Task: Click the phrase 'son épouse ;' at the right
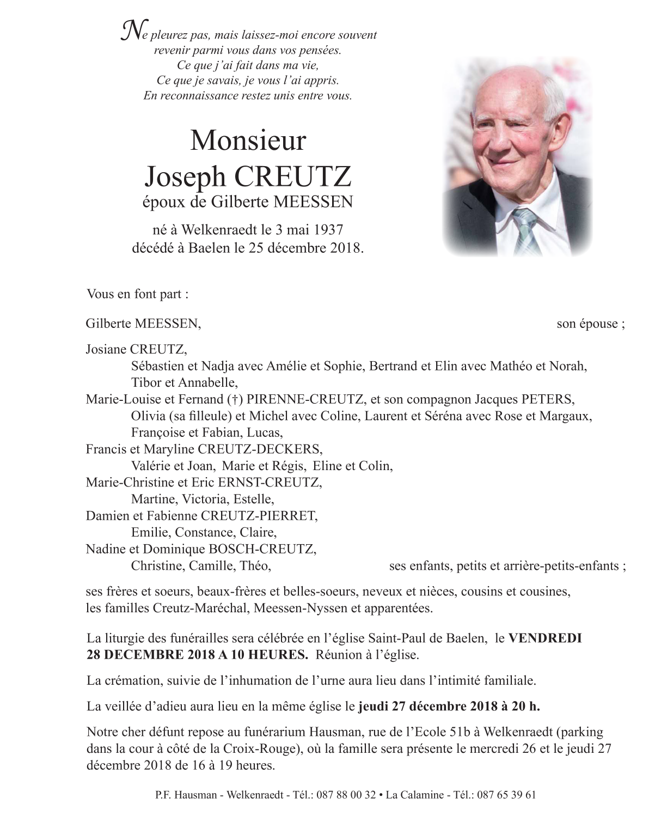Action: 590,324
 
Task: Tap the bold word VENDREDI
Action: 545,638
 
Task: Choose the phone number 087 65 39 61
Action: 506,795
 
